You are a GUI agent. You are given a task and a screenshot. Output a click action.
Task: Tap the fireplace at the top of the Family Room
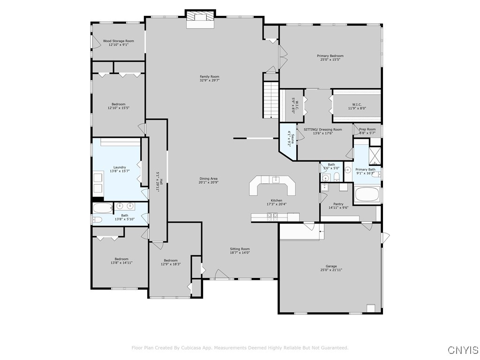(x=200, y=20)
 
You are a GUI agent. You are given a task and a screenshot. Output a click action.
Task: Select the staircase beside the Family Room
(x=270, y=100)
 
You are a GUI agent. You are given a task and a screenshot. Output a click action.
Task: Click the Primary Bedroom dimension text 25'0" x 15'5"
(x=330, y=60)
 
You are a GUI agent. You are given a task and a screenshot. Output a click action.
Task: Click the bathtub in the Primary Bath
(x=367, y=194)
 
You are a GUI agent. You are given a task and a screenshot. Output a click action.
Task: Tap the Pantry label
(x=338, y=204)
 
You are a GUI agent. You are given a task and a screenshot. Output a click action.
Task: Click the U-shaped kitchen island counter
(x=273, y=186)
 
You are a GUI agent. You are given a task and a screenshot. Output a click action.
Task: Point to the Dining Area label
(x=208, y=178)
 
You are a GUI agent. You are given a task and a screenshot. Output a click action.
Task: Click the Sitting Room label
(x=240, y=249)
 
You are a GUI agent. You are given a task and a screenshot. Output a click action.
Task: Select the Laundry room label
(x=120, y=167)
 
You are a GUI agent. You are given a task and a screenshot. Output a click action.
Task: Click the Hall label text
(x=161, y=176)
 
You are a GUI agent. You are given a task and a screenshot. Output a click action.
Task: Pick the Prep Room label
(x=367, y=129)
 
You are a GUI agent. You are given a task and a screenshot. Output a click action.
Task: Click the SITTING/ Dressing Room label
(x=323, y=129)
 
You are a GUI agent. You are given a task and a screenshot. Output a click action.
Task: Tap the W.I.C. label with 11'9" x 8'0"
(x=357, y=105)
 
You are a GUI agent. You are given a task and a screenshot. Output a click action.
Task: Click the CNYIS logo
(x=463, y=350)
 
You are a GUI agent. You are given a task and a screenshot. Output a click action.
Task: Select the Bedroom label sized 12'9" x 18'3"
(x=171, y=260)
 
